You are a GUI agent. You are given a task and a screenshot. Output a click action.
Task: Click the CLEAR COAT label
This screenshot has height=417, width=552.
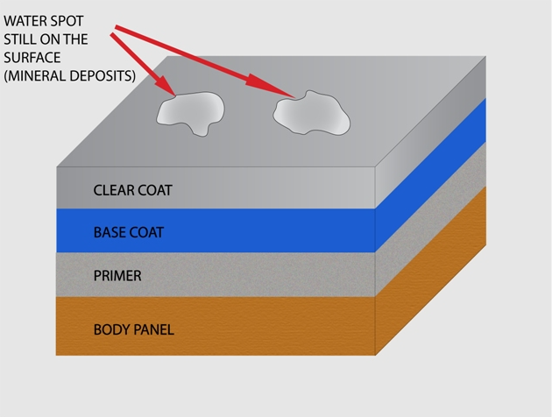pos(132,190)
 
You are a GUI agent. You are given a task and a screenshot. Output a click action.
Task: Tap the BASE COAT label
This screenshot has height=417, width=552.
pos(129,233)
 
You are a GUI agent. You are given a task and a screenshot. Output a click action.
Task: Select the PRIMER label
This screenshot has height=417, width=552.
pos(117,276)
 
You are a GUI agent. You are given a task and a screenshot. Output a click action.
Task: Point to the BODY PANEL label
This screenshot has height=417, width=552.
pos(134,329)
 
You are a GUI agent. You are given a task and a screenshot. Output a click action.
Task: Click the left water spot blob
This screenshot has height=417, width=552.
pos(191,113)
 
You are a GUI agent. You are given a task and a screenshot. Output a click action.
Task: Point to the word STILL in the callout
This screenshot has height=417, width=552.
pos(19,39)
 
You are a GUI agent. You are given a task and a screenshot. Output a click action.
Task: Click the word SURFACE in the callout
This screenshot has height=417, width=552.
pos(32,58)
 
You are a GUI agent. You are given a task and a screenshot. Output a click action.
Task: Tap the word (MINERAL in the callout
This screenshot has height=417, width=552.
pos(35,76)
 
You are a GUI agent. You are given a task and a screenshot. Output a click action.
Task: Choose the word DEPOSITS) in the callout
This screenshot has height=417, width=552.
pos(103,76)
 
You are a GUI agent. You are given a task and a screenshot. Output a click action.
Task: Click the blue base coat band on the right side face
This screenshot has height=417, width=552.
pos(430,175)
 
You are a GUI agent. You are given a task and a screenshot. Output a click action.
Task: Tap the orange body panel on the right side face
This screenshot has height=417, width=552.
pos(430,271)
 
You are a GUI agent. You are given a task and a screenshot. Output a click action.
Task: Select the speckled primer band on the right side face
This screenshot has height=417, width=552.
pos(430,219)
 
